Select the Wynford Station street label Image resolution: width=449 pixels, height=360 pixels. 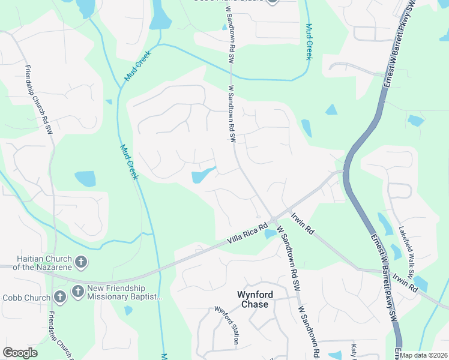tap(226, 326)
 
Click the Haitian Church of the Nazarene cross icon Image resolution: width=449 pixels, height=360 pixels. tap(82, 262)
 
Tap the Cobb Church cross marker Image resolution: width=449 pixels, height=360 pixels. tap(59, 296)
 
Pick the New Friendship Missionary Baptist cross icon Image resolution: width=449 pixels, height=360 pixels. tap(77, 292)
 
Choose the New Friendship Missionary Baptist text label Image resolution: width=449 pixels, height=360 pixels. tap(125, 292)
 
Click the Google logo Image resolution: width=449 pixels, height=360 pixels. tap(20, 353)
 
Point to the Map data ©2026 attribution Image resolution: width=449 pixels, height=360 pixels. tap(424, 355)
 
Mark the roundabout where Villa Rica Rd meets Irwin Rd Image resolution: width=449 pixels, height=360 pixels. tap(274, 220)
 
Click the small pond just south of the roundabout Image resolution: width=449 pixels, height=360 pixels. tap(270, 233)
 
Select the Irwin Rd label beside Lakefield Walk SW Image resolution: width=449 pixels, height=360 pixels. tap(405, 283)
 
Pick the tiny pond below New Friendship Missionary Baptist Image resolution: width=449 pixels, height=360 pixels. tap(128, 310)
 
